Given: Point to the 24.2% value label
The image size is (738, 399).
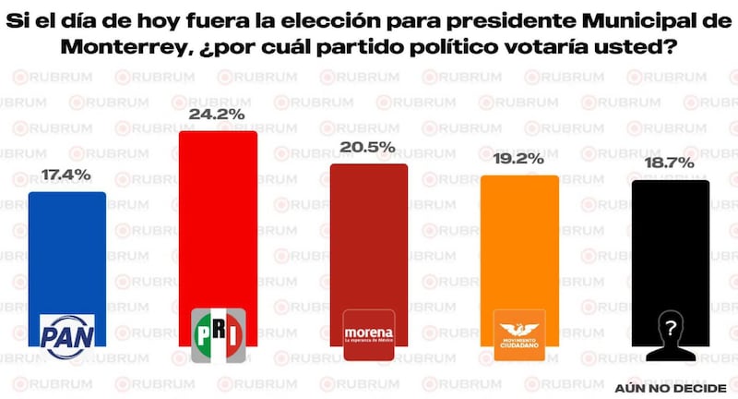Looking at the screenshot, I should pyautogui.click(x=218, y=115).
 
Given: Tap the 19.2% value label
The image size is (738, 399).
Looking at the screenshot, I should pyautogui.click(x=519, y=158).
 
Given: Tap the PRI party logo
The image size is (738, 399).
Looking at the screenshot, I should pyautogui.click(x=218, y=332).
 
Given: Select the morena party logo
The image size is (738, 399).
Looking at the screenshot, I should pyautogui.click(x=369, y=333).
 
